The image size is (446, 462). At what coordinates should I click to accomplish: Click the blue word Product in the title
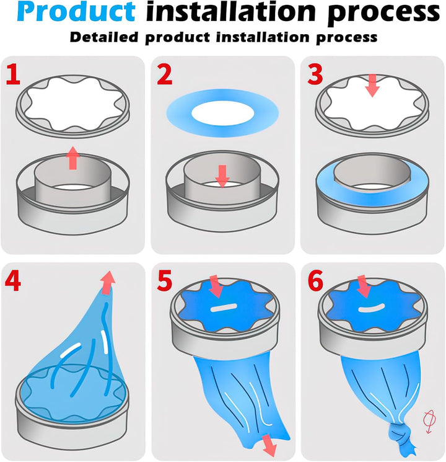coord(76,11)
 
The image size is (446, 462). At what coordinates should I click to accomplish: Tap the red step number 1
coord(13,76)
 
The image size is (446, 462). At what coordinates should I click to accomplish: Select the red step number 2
coord(165,76)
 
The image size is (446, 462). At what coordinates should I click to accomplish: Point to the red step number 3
coord(315,76)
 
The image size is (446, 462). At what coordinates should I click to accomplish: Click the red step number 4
coord(13,282)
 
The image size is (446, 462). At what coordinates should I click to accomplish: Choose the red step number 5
coord(165,282)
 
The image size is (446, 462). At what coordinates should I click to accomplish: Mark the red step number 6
coord(315,282)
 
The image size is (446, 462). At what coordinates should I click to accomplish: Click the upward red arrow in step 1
coord(72,158)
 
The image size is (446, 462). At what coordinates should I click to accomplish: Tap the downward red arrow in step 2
coord(222,176)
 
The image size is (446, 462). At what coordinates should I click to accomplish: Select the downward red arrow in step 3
coord(372,86)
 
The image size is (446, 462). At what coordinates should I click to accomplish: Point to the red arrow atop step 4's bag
coord(108,282)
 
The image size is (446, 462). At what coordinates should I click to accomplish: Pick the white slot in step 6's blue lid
coord(371,308)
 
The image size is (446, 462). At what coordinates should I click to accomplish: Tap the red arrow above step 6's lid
coord(364,286)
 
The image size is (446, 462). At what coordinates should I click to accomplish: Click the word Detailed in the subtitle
coord(104,37)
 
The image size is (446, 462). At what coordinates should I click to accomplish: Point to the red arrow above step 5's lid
coord(216,286)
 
